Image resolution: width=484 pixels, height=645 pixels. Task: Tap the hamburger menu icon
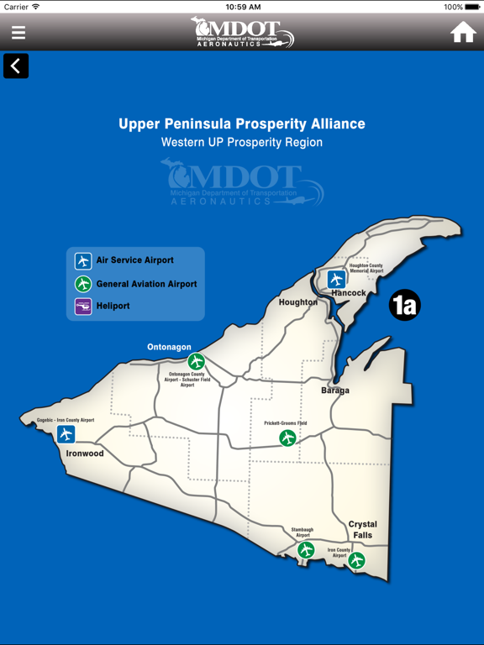[18, 33]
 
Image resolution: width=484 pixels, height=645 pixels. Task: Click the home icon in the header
[463, 32]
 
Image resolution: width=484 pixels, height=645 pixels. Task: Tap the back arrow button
[16, 66]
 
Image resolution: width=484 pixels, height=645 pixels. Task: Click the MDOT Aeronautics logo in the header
[242, 32]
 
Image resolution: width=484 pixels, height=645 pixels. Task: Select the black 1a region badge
[404, 305]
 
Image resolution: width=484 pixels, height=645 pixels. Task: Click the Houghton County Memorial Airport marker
[337, 279]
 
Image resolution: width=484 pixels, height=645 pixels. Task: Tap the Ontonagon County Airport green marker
[196, 362]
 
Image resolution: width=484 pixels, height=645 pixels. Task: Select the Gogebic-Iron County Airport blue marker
[66, 434]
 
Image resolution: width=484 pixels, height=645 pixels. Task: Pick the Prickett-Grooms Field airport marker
[288, 438]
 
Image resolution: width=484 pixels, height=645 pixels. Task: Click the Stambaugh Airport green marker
[306, 550]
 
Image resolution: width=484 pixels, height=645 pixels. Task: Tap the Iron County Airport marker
[357, 560]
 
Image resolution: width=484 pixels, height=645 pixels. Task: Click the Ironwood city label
[85, 454]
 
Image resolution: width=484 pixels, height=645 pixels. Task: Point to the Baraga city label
[335, 391]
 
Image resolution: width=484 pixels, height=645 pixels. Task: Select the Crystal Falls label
[363, 529]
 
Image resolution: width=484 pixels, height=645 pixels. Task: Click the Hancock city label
[349, 293]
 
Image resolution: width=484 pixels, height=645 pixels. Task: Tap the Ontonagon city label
[169, 347]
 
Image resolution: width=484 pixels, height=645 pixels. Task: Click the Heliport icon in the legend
[83, 307]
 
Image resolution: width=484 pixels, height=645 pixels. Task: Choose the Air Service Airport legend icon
[83, 261]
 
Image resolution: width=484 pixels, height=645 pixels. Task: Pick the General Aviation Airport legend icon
[83, 284]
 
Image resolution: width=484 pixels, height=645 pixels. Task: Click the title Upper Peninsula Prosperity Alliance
[242, 123]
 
